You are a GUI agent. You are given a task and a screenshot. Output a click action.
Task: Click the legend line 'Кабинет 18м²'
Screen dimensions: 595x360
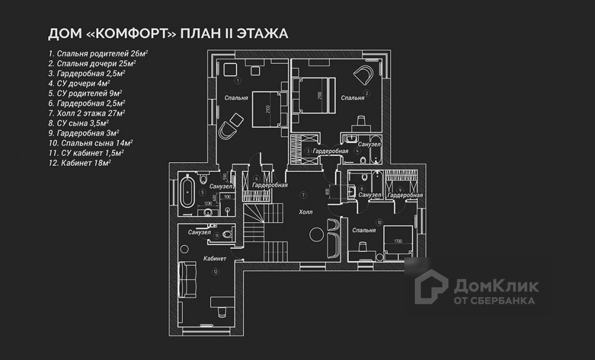tap(80, 163)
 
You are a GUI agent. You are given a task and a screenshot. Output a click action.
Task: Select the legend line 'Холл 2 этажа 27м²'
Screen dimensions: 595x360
tap(87, 113)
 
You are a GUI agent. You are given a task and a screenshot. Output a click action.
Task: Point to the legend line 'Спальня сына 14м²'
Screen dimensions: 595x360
tap(90, 143)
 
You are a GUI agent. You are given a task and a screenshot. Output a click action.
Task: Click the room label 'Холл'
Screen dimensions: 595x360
tap(306, 211)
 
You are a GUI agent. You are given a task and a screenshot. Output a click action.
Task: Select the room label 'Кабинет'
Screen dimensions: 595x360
tap(215, 258)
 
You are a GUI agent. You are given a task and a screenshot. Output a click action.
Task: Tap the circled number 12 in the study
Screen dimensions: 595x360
tap(216, 271)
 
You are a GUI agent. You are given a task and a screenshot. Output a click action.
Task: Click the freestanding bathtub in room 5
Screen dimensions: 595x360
tap(187, 192)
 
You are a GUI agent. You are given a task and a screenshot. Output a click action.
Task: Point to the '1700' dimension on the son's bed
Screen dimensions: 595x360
tap(397, 240)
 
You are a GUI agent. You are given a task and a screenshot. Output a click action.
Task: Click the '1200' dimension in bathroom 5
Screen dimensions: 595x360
tap(207, 203)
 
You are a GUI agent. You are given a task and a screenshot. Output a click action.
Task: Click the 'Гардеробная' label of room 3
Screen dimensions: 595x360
tap(330, 151)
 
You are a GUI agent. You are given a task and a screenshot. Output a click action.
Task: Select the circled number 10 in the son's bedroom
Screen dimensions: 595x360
tap(380, 222)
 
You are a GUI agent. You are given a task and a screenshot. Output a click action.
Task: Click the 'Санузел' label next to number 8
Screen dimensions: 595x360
tap(370, 194)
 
